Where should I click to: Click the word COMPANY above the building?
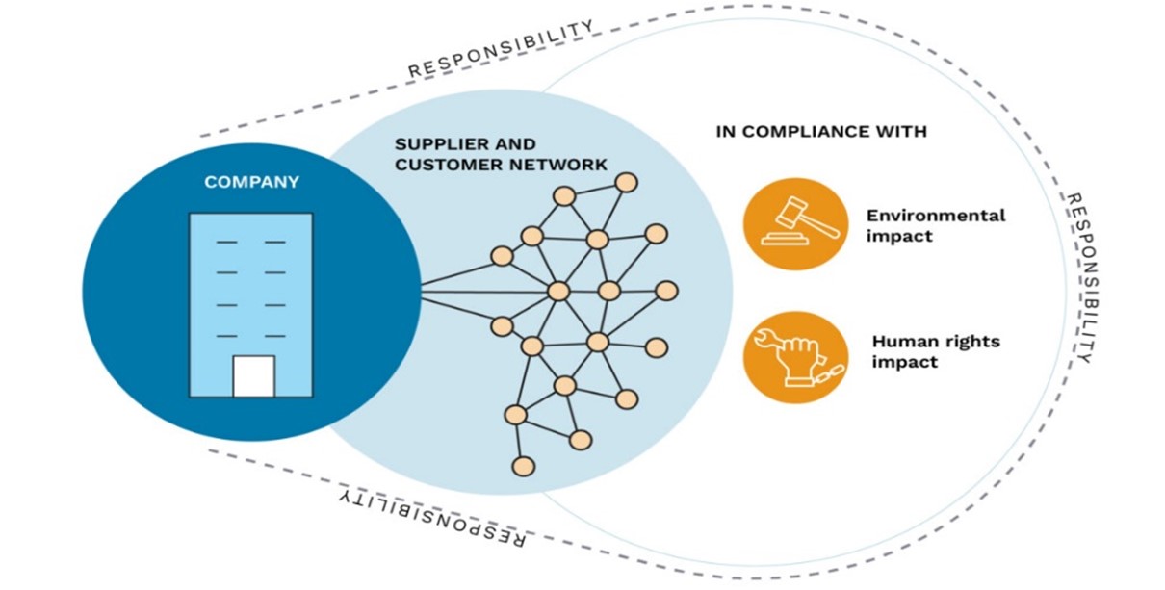point(251,182)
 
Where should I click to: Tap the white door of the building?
point(253,376)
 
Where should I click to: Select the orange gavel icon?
point(794,224)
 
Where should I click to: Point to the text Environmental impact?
point(934,225)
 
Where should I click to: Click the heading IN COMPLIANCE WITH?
point(820,131)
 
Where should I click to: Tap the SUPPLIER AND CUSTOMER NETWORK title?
point(501,155)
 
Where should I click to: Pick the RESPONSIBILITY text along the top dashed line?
point(501,48)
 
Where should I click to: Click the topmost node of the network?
point(627,181)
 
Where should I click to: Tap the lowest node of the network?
point(523,467)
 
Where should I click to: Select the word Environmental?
point(935,215)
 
